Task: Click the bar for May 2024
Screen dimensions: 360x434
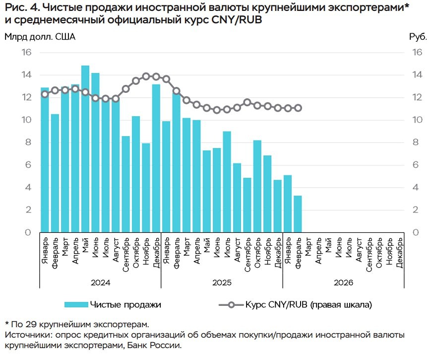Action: coord(85,149)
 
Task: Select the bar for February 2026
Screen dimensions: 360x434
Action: coord(298,214)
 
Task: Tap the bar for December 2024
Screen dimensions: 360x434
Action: coord(156,158)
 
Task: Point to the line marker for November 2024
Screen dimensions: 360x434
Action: coord(146,76)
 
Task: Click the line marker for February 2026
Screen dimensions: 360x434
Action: coord(298,108)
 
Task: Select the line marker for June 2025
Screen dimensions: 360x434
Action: coord(217,110)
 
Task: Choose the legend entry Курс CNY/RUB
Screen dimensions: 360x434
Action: coord(308,304)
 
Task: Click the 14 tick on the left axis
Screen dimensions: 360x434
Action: coord(26,75)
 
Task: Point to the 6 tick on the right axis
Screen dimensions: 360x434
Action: coord(417,165)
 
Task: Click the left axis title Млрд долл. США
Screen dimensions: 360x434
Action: coord(40,37)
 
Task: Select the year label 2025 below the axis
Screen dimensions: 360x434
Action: coord(222,282)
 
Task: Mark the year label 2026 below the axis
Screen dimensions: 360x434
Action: coord(343,282)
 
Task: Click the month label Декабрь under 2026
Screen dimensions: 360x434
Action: coord(399,253)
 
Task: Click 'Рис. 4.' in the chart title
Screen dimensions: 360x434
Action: coord(23,7)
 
